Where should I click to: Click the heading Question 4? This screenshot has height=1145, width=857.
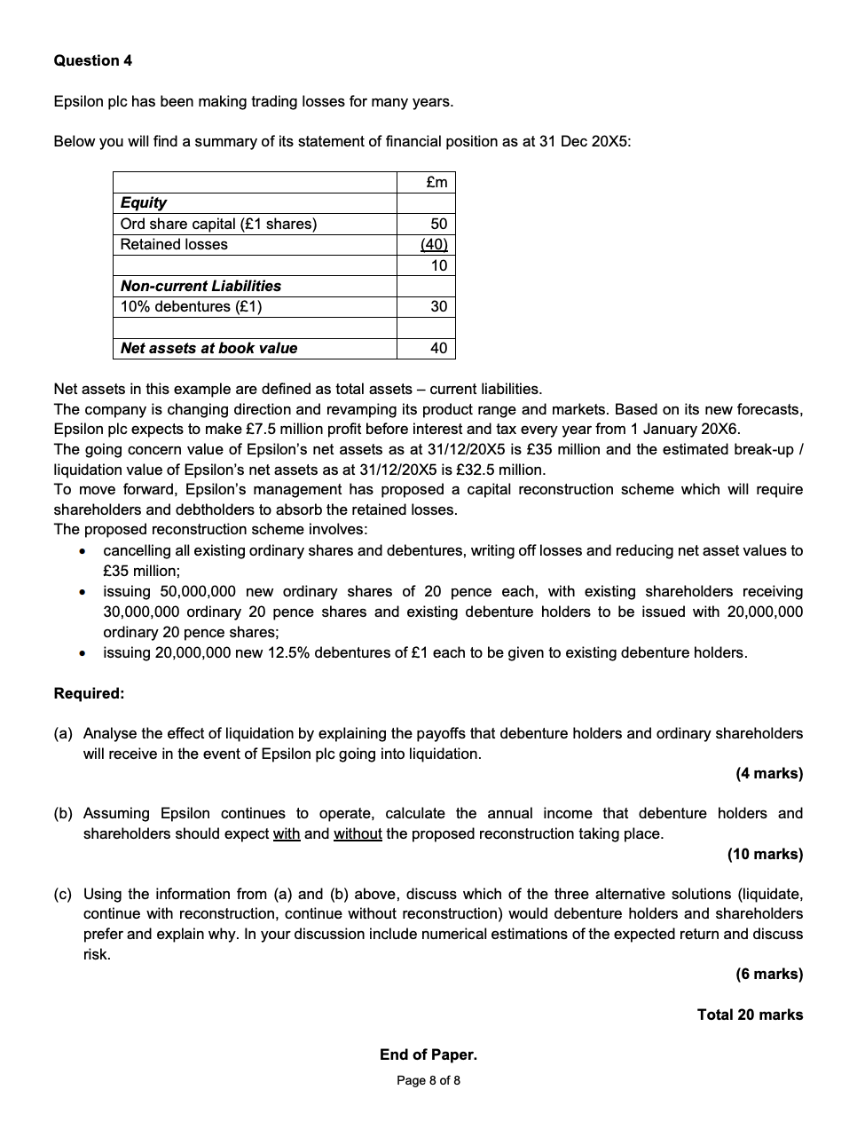coord(93,60)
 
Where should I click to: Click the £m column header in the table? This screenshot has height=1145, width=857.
coord(436,183)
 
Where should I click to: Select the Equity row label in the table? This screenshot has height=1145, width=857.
coord(144,202)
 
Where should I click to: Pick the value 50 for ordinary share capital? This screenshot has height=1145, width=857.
coord(439,224)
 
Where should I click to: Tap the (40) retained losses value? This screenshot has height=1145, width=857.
coord(435,244)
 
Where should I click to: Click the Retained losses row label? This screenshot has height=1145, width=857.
coord(174,244)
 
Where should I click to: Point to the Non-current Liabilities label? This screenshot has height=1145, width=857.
coord(200,286)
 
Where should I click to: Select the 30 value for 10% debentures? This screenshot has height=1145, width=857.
coord(439,306)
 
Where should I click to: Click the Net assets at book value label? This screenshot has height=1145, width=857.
coord(208,348)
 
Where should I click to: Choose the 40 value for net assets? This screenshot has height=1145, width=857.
coord(439,348)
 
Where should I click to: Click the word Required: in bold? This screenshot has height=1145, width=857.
coord(89,693)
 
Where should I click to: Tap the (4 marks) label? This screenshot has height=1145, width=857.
coord(768,773)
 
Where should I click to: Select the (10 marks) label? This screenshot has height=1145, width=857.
coord(765,854)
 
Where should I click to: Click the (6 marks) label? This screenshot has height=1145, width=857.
coord(768,974)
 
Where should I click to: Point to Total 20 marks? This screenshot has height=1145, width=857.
coord(750,1015)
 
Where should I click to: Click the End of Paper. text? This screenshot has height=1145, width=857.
coord(428,1054)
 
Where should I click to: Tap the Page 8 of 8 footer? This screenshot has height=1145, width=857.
coord(428,1080)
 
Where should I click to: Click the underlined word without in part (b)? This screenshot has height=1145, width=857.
coord(358,833)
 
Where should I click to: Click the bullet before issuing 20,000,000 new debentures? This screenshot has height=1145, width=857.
coord(82,653)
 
